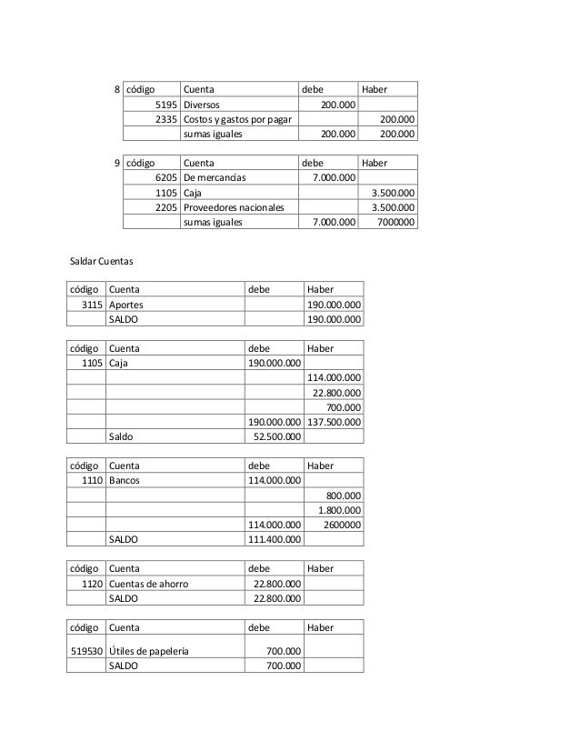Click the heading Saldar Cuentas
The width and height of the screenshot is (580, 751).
(x=102, y=262)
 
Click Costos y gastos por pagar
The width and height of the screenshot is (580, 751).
(x=232, y=119)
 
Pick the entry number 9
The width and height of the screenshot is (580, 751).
(x=116, y=163)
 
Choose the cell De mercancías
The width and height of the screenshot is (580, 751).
(x=215, y=177)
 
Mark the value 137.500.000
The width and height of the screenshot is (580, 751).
(x=335, y=422)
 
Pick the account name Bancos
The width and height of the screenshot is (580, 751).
(x=125, y=480)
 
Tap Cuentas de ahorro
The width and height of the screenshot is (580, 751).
(x=148, y=583)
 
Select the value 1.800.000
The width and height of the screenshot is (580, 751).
(x=338, y=509)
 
